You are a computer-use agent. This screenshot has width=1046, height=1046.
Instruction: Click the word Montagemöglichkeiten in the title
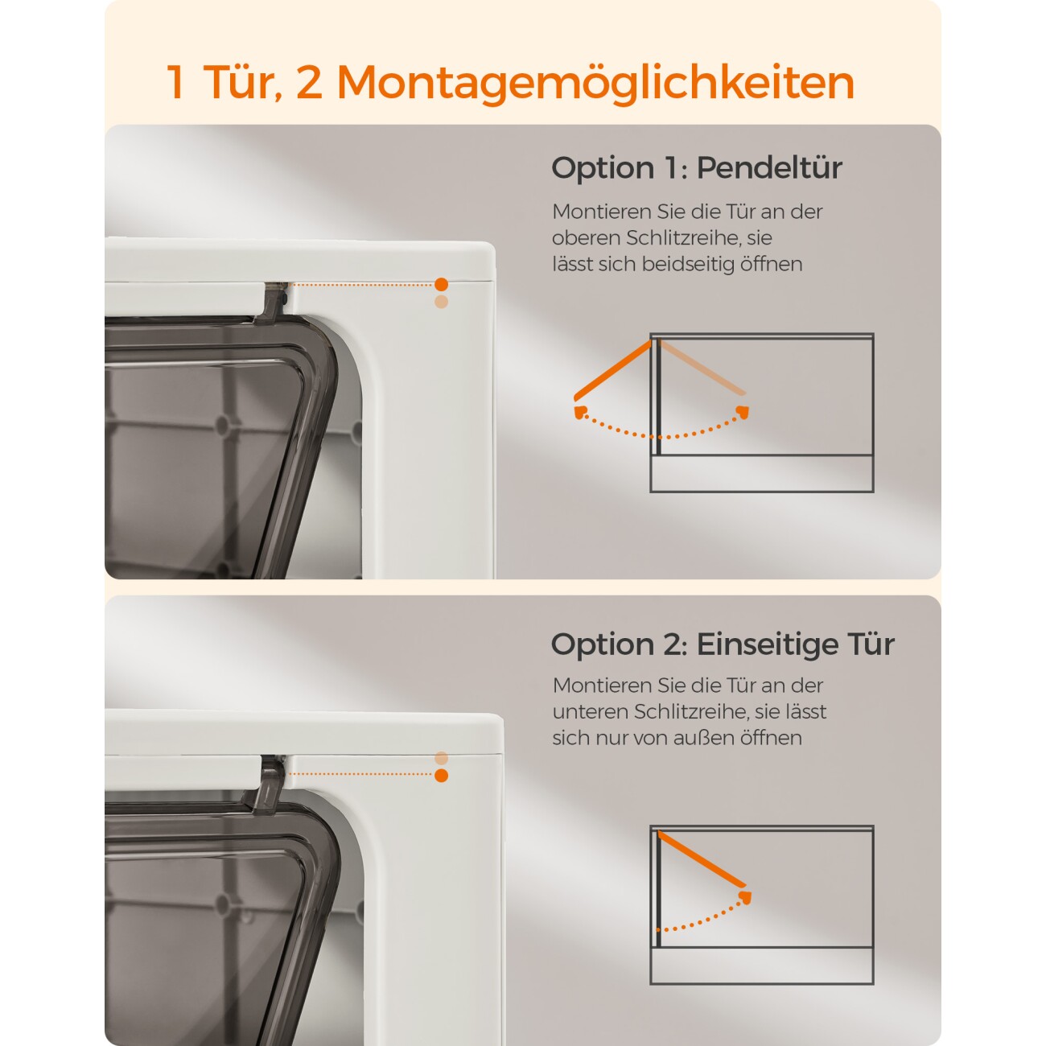(595, 83)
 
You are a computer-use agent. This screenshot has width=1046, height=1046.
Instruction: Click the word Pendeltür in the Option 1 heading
(769, 167)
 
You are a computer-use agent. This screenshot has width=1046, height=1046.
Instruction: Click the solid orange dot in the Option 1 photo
(441, 285)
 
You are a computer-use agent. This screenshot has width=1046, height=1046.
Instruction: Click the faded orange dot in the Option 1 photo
(441, 302)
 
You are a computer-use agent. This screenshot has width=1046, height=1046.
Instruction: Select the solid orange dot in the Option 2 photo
(441, 775)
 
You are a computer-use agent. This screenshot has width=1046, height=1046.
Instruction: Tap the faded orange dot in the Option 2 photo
(441, 758)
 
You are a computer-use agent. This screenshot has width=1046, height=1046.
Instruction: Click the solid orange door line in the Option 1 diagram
(612, 370)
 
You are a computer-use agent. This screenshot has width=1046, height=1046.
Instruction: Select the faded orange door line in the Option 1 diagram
(702, 367)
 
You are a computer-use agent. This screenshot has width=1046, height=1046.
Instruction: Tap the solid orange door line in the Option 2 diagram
(702, 860)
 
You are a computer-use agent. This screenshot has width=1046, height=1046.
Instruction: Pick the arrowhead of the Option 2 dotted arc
(745, 897)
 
